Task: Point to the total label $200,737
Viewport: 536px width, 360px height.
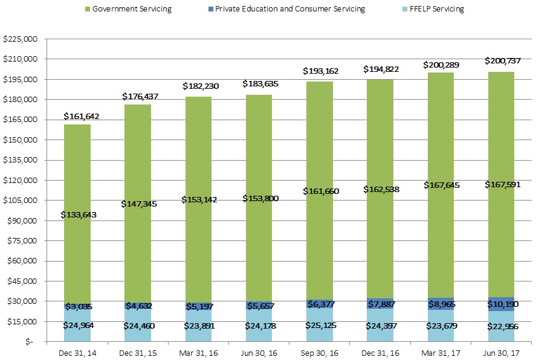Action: point(502,61)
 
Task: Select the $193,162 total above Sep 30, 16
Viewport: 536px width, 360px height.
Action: point(320,71)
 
